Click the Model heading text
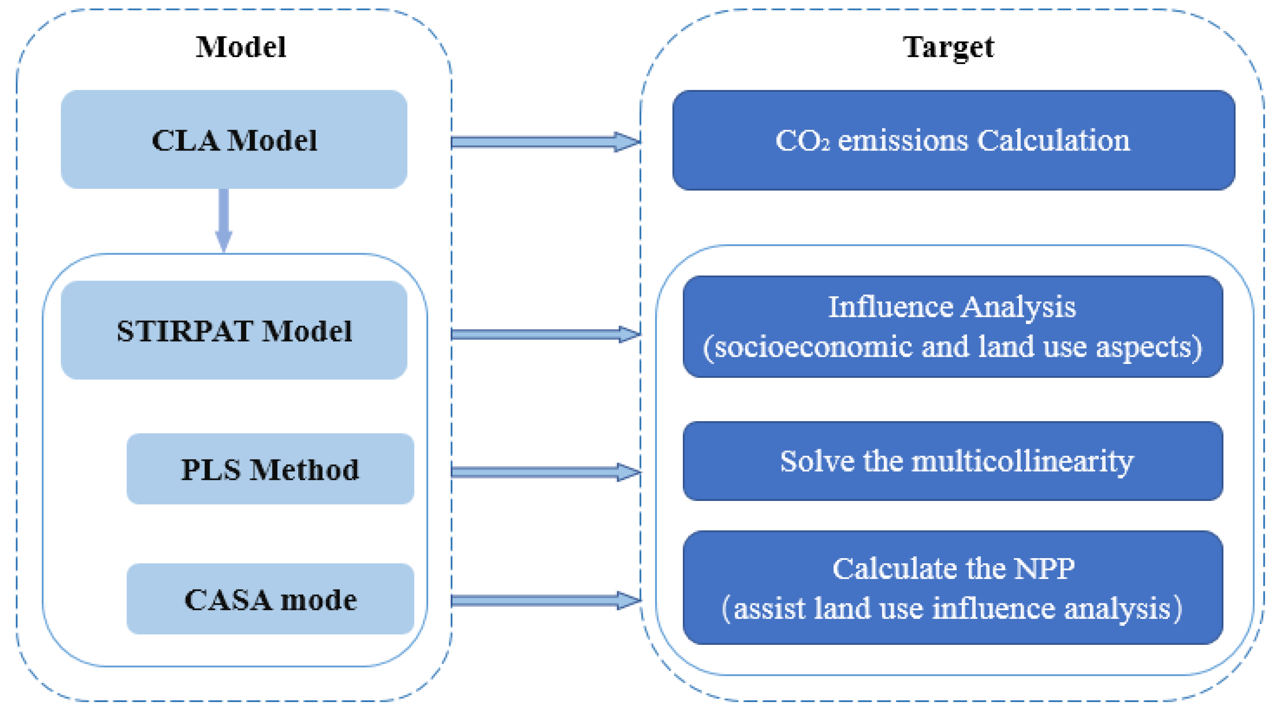[x=241, y=48]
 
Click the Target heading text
[x=948, y=48]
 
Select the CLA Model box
[x=234, y=140]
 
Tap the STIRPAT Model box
[x=234, y=330]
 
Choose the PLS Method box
[x=270, y=469]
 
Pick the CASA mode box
[x=270, y=599]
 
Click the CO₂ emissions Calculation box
[x=953, y=140]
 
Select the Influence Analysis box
[x=953, y=326]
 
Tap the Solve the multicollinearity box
[x=953, y=461]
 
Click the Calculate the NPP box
[x=953, y=588]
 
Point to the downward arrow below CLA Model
[x=224, y=220]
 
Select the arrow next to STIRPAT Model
[x=544, y=335]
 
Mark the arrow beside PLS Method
[x=544, y=472]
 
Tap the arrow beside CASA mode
[x=544, y=601]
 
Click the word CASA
[x=228, y=600]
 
